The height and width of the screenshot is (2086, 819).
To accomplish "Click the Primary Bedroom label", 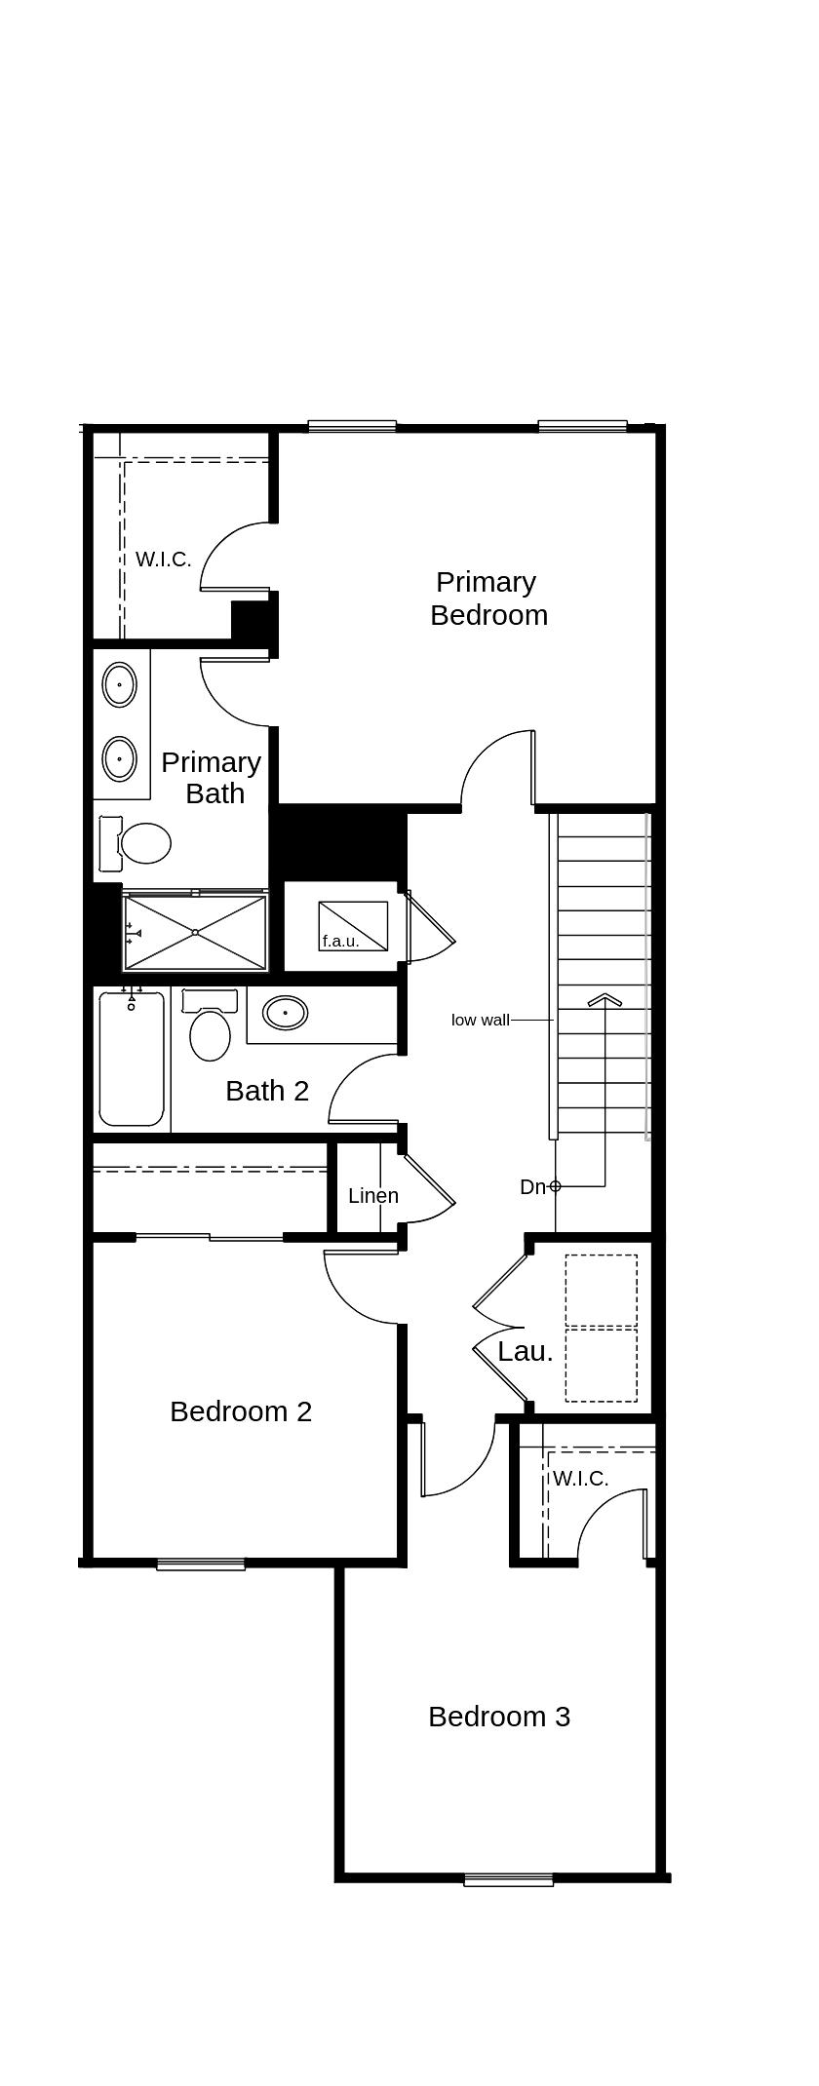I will pos(487,599).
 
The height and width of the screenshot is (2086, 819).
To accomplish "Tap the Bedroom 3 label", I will pos(498,1716).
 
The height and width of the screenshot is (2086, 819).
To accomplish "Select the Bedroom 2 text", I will pos(241,1410).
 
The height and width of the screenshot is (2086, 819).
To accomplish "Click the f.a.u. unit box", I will pos(353,925).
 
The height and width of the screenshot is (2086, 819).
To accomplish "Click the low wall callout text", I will pos(480,1020).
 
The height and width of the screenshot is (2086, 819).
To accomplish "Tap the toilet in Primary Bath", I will pos(143,843).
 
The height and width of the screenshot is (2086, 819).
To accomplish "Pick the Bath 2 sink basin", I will pos(285,1013).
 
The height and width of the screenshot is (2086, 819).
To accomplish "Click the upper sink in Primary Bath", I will pos(120,684).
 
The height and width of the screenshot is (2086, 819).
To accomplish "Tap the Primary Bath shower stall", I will pos(195,932).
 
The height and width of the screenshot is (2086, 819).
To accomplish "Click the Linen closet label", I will pos(373,1195).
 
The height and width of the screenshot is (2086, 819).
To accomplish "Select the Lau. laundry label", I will pos(525,1351).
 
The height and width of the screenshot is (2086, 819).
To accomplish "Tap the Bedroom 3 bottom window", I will pos(508,1880).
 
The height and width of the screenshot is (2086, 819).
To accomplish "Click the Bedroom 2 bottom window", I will pos(201,1564).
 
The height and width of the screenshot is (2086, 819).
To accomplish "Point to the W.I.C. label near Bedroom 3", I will pos(580,1479).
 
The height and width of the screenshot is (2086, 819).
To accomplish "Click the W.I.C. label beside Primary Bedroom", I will pos(163,560).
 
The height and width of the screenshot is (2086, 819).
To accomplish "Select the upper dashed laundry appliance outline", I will pos(601,1290).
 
